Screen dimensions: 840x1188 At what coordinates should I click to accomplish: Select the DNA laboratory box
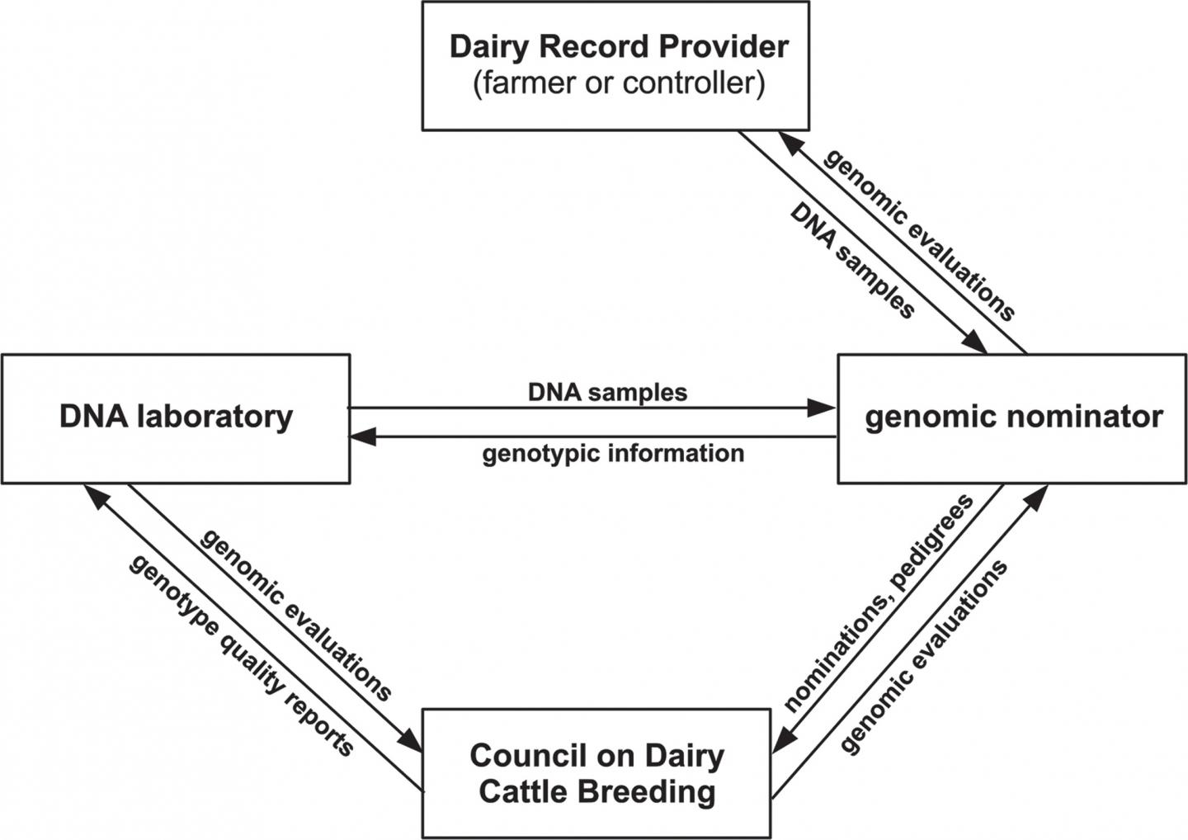(x=175, y=418)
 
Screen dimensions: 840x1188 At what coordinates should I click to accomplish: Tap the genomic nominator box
(x=1012, y=418)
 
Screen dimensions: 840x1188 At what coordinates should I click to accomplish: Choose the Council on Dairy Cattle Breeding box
(x=596, y=774)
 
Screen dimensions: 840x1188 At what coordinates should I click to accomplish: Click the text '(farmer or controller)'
(x=619, y=84)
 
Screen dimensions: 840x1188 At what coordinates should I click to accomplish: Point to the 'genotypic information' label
(x=612, y=454)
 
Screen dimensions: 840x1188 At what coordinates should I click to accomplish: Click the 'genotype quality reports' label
(x=241, y=654)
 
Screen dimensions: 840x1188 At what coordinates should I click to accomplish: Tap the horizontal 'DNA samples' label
(x=607, y=392)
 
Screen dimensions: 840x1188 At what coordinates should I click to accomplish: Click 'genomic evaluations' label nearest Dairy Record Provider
(x=919, y=234)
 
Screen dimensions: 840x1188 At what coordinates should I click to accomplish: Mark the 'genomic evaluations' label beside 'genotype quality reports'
(x=296, y=615)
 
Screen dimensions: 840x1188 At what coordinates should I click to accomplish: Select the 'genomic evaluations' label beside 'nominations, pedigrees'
(x=924, y=657)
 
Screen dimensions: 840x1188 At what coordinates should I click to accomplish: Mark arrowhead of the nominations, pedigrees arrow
(x=783, y=739)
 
